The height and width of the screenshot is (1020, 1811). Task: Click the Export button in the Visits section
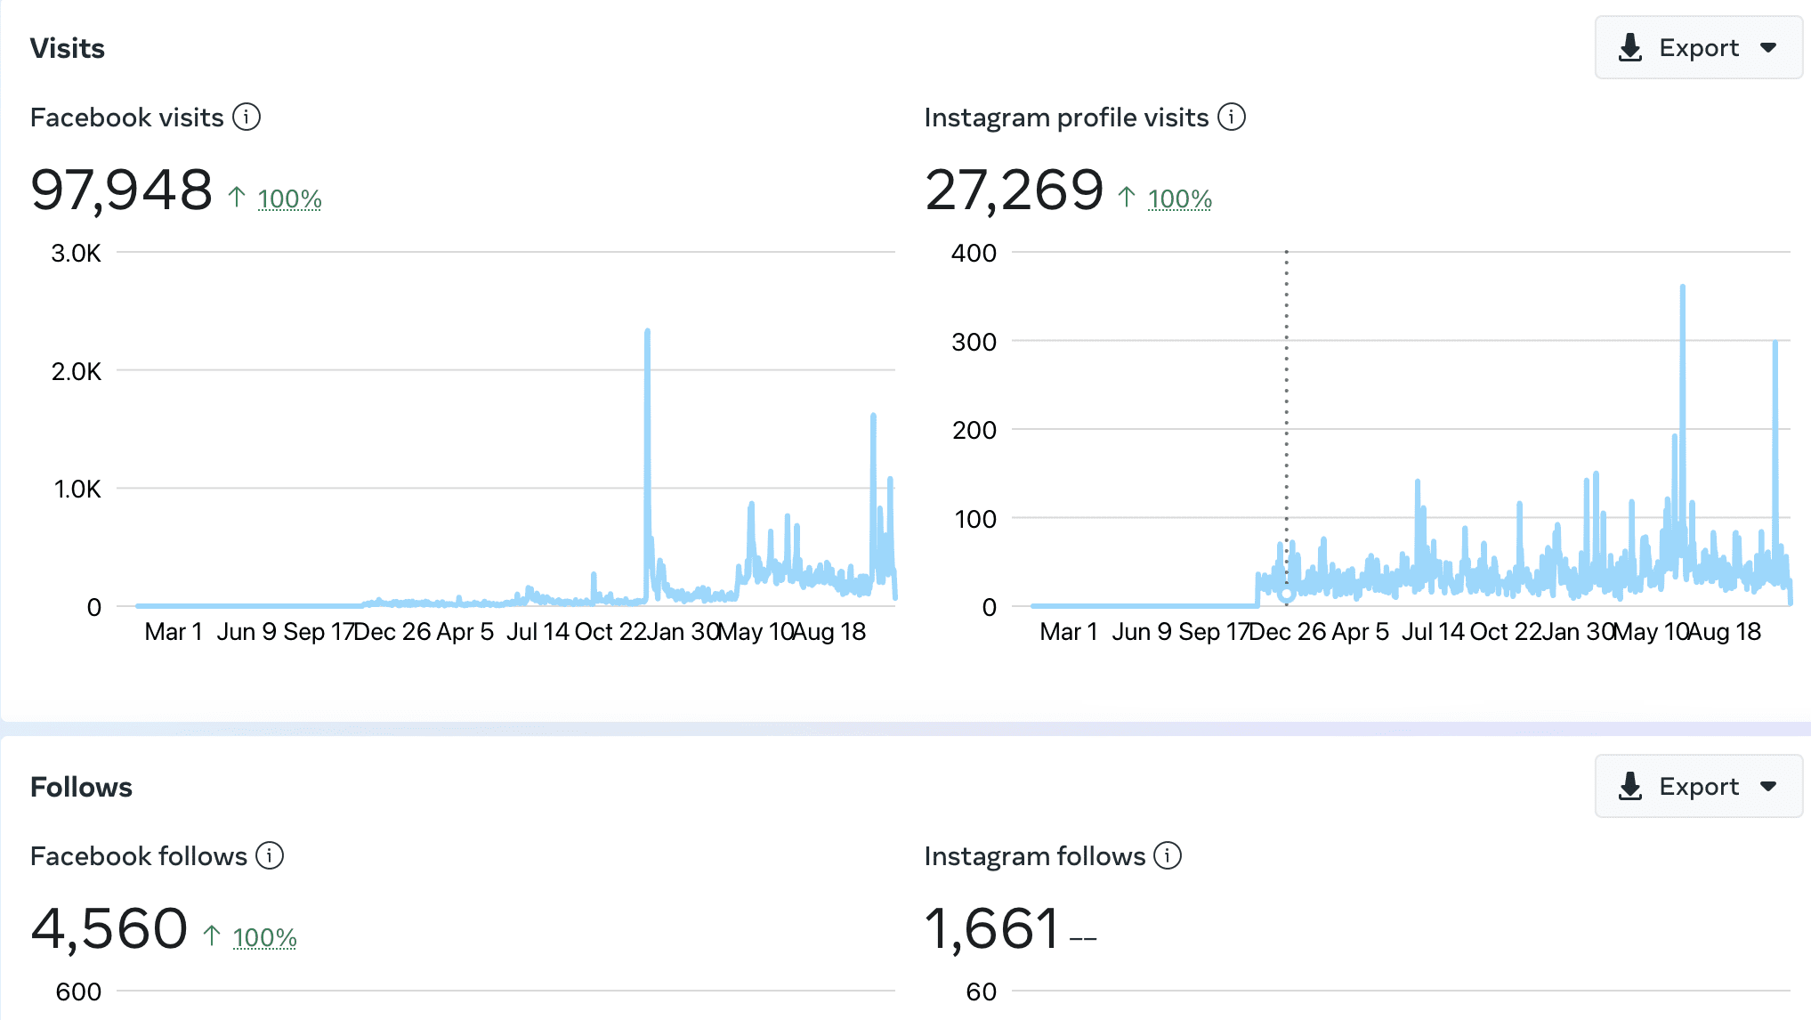1698,48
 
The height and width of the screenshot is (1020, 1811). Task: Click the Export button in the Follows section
1698,787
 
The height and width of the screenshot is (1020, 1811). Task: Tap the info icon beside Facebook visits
247,117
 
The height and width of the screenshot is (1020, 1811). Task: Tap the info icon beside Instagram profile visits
1232,117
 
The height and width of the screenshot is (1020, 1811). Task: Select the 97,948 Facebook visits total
122,190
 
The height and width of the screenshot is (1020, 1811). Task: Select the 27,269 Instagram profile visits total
1014,190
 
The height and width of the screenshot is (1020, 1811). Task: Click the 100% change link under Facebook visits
289,198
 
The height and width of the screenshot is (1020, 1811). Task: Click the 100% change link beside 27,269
1179,198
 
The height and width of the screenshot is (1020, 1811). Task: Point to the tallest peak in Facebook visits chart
647,332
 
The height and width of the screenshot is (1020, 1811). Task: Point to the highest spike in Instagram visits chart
1682,287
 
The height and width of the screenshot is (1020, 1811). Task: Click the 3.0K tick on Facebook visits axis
77,254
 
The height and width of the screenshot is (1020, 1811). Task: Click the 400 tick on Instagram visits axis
974,254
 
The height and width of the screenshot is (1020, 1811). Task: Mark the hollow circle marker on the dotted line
1286,594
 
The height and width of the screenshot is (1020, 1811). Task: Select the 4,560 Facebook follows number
109,928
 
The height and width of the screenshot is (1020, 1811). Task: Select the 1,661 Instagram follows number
991,928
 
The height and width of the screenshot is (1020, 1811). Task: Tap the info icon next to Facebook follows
270,855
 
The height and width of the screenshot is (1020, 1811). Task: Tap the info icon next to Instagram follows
1168,855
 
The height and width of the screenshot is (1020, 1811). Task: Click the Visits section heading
68,48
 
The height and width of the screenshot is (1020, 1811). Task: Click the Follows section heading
81,787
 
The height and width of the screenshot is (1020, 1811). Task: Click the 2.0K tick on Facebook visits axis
77,371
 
